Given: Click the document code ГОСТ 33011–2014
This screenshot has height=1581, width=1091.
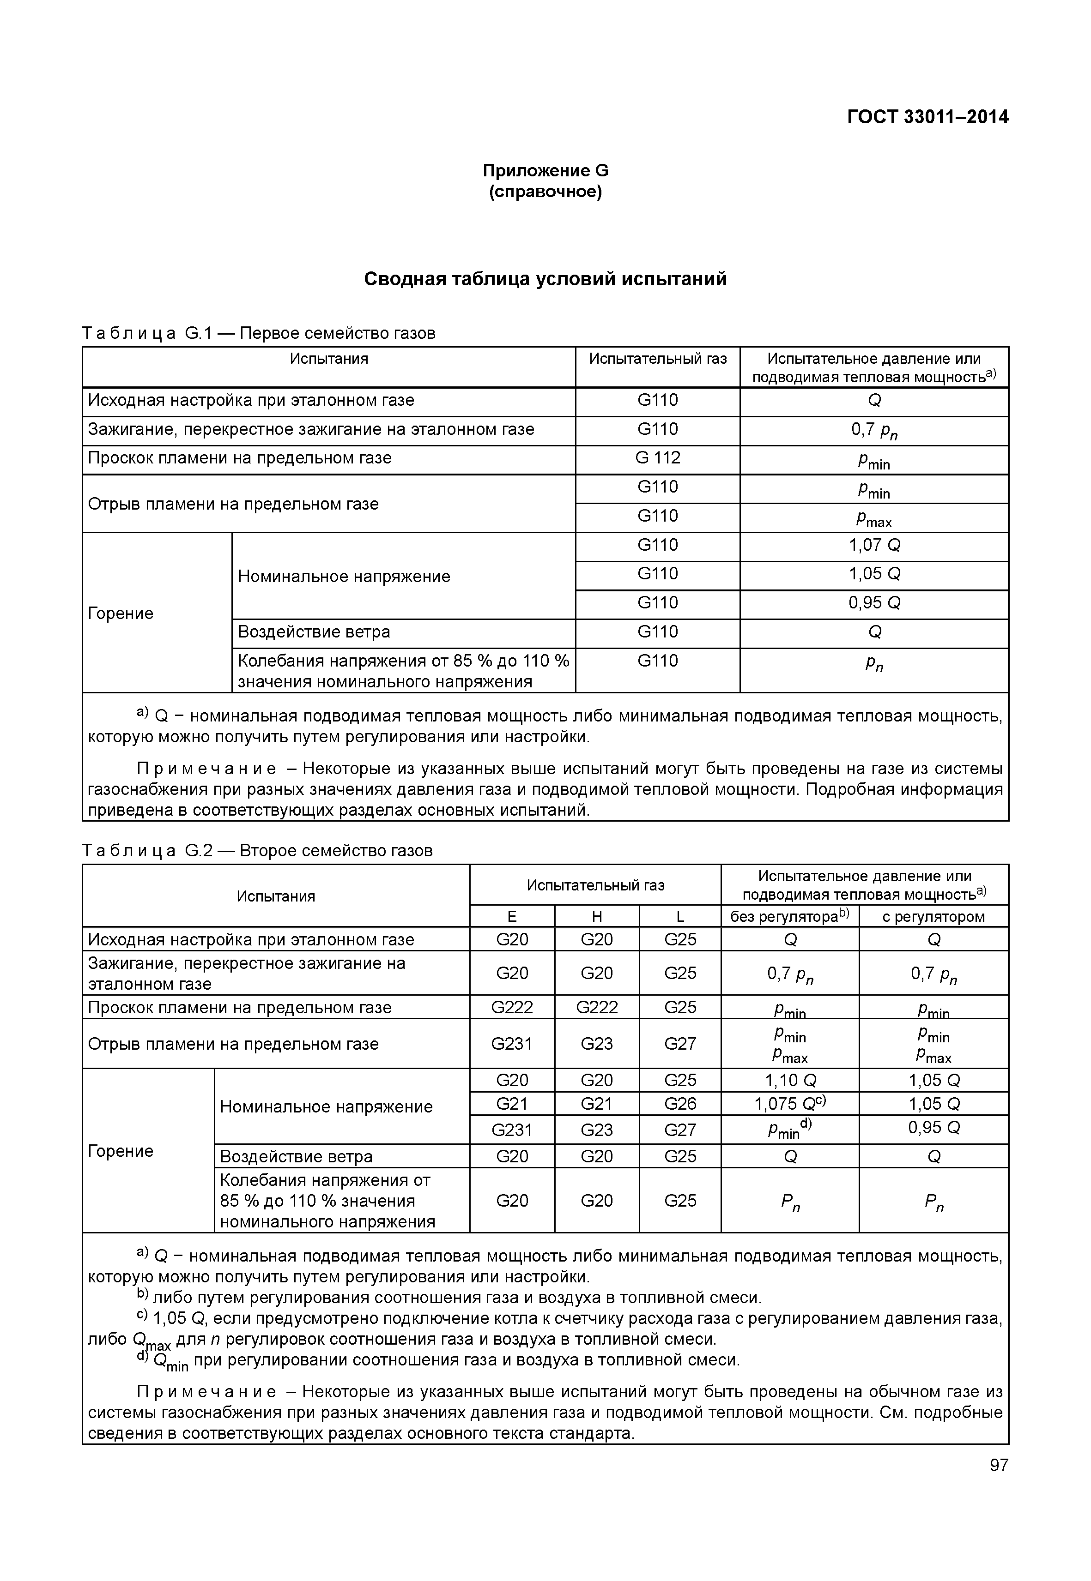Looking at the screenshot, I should [927, 118].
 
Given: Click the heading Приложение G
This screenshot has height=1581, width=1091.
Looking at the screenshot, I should [545, 170].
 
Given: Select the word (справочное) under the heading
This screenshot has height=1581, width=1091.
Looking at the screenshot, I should [545, 192].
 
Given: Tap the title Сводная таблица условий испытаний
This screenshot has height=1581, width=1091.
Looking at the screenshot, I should [545, 279].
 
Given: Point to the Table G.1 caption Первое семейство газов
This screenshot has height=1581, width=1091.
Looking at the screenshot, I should [337, 333].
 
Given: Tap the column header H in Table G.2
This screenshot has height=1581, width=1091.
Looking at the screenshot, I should [596, 917].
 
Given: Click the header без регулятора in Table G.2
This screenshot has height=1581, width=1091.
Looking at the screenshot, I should [789, 917].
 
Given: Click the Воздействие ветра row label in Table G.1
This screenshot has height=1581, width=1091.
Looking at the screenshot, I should [314, 632].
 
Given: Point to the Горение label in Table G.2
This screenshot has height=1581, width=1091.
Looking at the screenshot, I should [120, 1151].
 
